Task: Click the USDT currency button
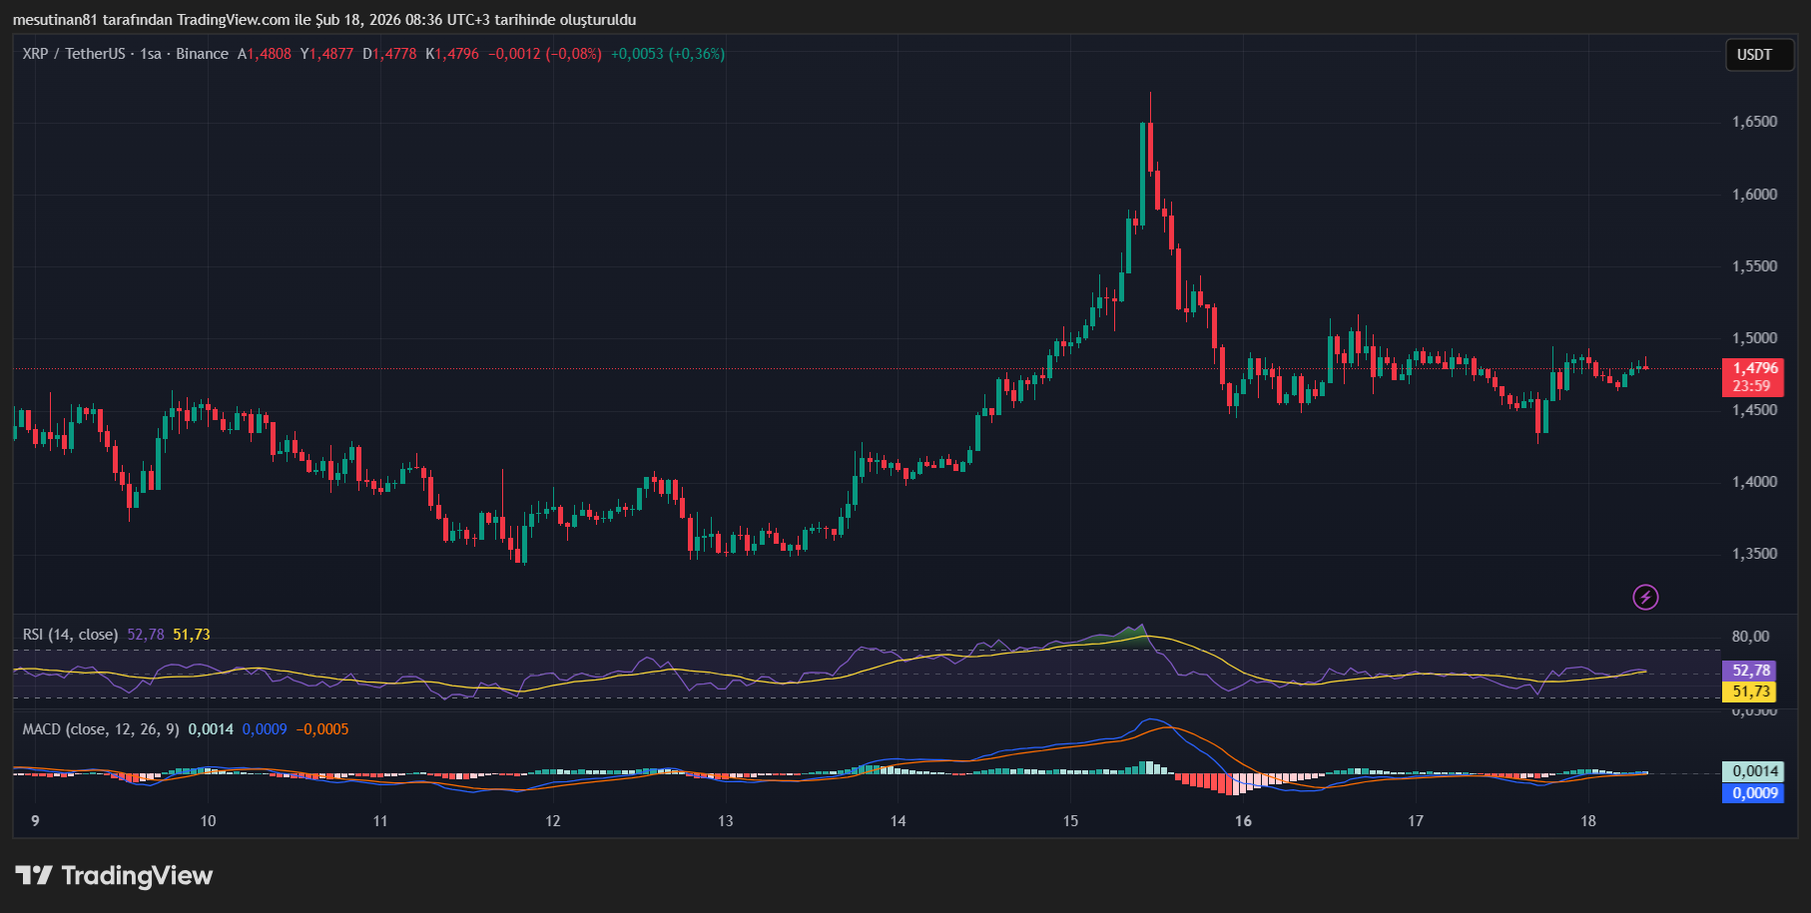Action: pyautogui.click(x=1754, y=55)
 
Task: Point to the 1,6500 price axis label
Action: pyautogui.click(x=1754, y=122)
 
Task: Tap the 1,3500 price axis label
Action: pyautogui.click(x=1754, y=554)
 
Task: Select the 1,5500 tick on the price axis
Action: pyautogui.click(x=1754, y=266)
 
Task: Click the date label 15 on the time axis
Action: pyautogui.click(x=1070, y=821)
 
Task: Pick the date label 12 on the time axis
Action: pyautogui.click(x=552, y=821)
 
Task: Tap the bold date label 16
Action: pyautogui.click(x=1243, y=821)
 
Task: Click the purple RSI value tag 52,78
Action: pyautogui.click(x=1750, y=671)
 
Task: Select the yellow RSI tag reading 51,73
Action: pyautogui.click(x=1750, y=691)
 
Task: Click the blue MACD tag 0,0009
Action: pyautogui.click(x=1754, y=793)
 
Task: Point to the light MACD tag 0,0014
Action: pyautogui.click(x=1754, y=771)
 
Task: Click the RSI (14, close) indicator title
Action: pyautogui.click(x=70, y=635)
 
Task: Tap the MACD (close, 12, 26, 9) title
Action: pyautogui.click(x=101, y=729)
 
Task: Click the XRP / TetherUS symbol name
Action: pyautogui.click(x=74, y=54)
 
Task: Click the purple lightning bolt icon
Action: pyautogui.click(x=1645, y=597)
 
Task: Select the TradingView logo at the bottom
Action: pyautogui.click(x=114, y=876)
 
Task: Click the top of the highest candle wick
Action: pyautogui.click(x=1150, y=94)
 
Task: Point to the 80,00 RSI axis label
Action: pyautogui.click(x=1750, y=637)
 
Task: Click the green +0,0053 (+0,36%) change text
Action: pyautogui.click(x=668, y=54)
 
